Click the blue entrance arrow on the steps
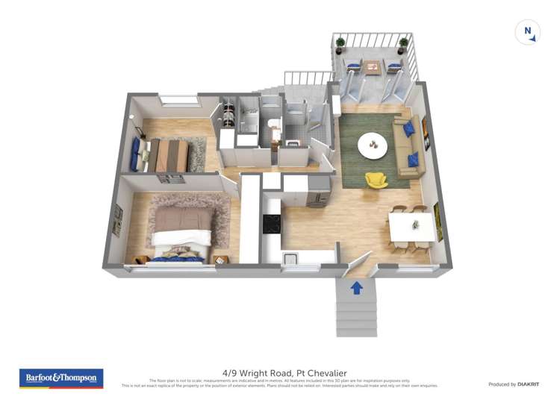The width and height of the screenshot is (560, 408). click(x=357, y=287)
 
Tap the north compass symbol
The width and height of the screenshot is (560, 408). click(x=528, y=33)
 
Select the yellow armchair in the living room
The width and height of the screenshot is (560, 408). click(x=376, y=181)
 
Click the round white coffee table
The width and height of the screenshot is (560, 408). click(x=372, y=145)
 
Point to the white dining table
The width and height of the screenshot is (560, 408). click(x=410, y=224)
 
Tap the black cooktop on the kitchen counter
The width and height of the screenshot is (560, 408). click(x=271, y=223)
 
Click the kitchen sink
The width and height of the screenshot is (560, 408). click(x=290, y=259)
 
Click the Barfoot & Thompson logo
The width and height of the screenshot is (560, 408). click(x=61, y=378)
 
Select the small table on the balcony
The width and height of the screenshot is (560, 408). click(x=373, y=67)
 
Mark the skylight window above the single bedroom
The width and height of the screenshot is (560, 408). click(x=178, y=100)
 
